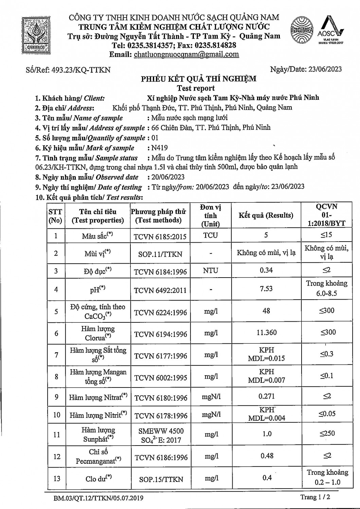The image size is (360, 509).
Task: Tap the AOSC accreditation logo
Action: tap(330, 31)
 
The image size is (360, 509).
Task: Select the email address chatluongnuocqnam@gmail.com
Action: tap(186, 54)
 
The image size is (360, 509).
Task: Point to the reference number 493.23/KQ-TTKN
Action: tap(80, 70)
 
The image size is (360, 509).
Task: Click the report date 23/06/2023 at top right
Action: tap(325, 69)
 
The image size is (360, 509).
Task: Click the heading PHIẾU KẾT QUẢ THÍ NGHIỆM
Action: tap(199, 79)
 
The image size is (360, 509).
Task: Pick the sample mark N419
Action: tap(160, 148)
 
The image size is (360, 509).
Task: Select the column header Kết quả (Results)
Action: tap(266, 215)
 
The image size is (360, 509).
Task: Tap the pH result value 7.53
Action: tap(266, 289)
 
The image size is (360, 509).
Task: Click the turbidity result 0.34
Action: tap(266, 270)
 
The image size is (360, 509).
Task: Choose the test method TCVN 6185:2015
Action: tap(160, 237)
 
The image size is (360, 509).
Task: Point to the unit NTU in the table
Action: tap(211, 271)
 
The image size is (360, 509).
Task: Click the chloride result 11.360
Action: tap(266, 333)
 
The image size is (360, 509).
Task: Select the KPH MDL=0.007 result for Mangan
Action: tap(266, 376)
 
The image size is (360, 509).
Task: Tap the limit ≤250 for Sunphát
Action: tap(327, 433)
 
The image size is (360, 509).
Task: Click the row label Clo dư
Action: tap(98, 478)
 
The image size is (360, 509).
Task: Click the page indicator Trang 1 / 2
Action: tap(315, 497)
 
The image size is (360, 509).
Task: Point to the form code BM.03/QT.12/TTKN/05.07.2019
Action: tap(98, 498)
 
